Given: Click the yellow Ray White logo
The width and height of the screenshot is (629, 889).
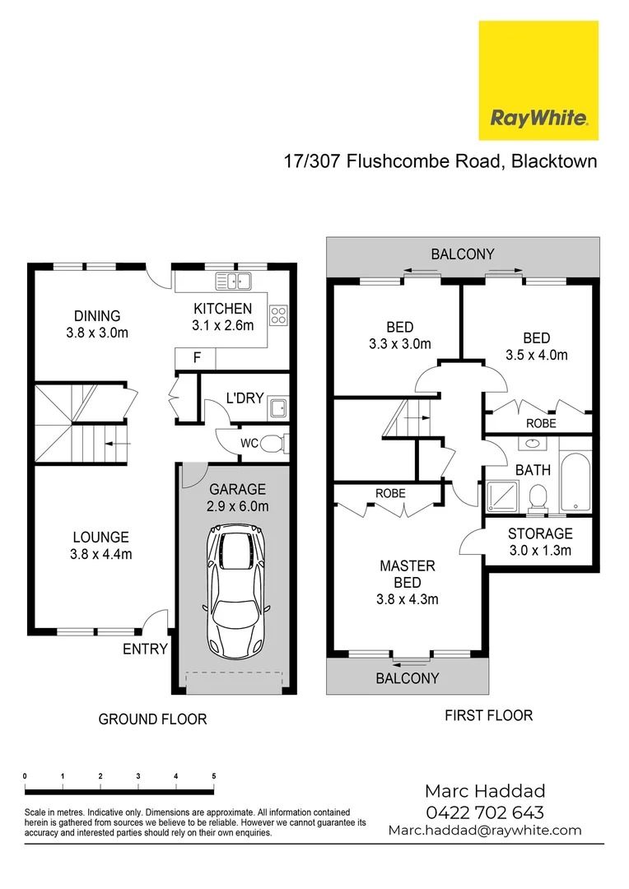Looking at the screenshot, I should click(538, 81).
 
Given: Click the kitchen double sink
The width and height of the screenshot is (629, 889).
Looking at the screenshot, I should click(234, 282).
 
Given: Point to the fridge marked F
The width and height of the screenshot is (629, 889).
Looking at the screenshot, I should click(196, 358).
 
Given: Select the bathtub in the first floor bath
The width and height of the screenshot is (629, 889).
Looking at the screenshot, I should click(575, 481).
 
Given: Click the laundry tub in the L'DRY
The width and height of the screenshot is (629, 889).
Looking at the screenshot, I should click(277, 407).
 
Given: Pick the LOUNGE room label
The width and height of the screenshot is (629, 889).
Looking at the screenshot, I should click(100, 538).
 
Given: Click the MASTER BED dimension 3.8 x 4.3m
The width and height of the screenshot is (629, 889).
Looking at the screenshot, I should click(407, 599).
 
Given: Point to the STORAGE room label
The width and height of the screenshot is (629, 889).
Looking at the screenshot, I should click(540, 533).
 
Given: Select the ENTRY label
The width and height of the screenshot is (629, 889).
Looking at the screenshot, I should click(145, 649).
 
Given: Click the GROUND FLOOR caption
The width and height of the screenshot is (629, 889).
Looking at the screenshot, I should click(152, 719).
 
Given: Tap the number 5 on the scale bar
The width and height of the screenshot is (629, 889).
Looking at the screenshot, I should click(214, 776).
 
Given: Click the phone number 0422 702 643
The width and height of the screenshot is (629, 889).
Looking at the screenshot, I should click(484, 812).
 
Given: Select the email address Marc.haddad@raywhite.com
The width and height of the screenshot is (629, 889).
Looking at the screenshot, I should click(484, 831).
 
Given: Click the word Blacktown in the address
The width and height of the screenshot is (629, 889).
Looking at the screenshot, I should click(554, 161).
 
